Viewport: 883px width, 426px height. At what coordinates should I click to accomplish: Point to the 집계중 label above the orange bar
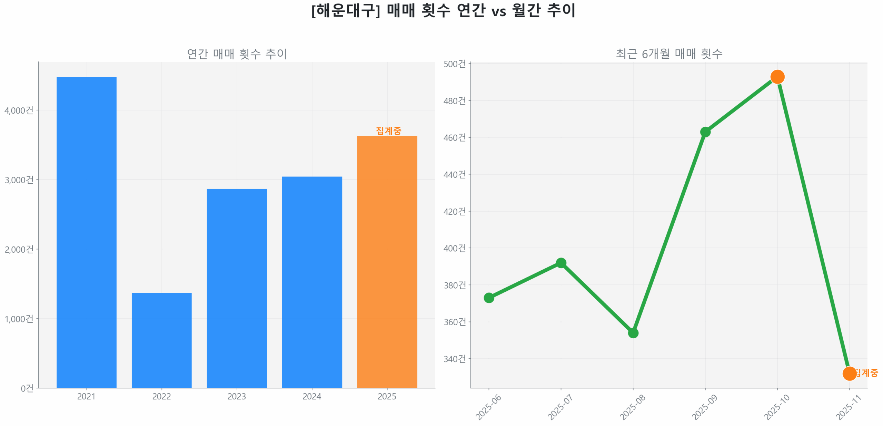pyautogui.click(x=388, y=130)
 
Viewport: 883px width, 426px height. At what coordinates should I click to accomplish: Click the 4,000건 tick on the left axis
pyautogui.click(x=19, y=110)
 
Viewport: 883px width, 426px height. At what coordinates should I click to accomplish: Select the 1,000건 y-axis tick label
pyautogui.click(x=19, y=319)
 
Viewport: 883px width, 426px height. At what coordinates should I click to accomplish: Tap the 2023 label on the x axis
pyautogui.click(x=237, y=396)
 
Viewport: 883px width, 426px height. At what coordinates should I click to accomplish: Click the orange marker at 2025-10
pyautogui.click(x=777, y=77)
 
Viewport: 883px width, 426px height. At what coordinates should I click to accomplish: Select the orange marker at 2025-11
pyautogui.click(x=849, y=373)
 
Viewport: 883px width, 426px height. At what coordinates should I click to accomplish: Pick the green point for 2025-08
pyautogui.click(x=633, y=333)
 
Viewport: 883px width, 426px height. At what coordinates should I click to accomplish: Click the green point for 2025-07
pyautogui.click(x=561, y=263)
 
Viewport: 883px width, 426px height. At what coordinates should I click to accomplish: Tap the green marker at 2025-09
pyautogui.click(x=705, y=132)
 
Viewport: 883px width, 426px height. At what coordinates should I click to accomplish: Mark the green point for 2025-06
pyautogui.click(x=489, y=298)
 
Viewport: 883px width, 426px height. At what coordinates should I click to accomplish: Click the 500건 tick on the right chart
pyautogui.click(x=454, y=64)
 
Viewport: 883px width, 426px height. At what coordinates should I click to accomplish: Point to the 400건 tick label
pyautogui.click(x=454, y=248)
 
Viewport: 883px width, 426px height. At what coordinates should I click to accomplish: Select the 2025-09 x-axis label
pyautogui.click(x=704, y=407)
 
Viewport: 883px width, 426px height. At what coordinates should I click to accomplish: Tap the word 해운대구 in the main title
pyautogui.click(x=345, y=10)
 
